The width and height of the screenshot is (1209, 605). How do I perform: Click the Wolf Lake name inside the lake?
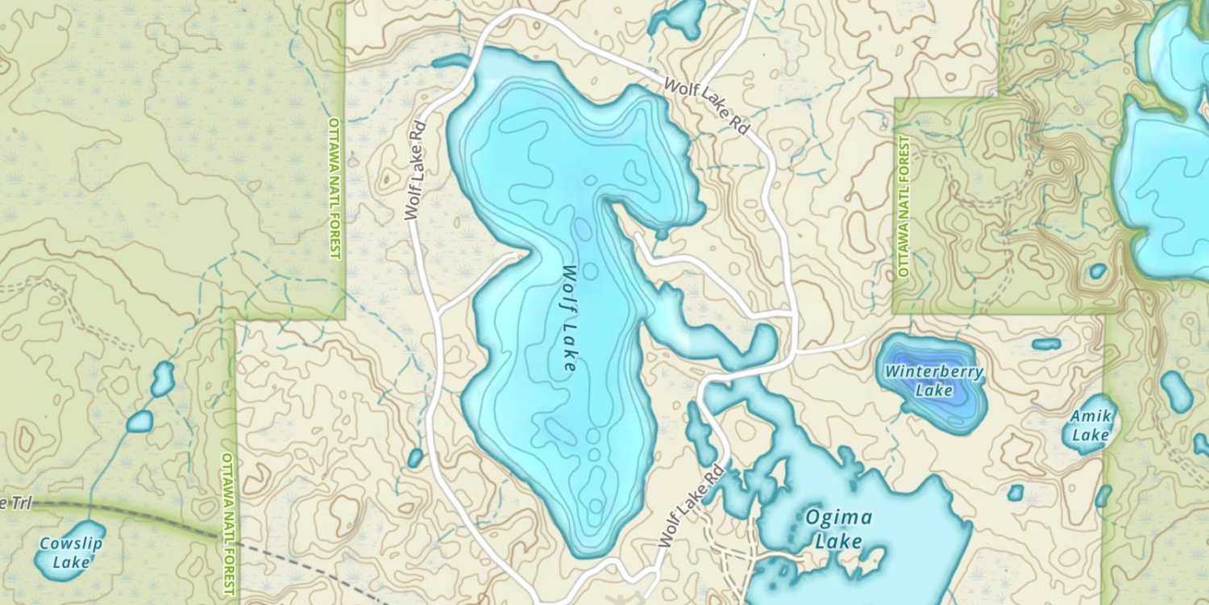[570, 318]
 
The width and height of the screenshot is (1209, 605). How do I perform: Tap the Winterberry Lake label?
[933, 381]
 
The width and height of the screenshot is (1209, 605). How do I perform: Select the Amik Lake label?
[1091, 425]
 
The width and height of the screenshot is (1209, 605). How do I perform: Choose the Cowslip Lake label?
[71, 553]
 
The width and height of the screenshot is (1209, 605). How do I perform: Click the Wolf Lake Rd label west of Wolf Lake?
[414, 171]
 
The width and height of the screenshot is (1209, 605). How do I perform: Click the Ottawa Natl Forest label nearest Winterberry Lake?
[904, 207]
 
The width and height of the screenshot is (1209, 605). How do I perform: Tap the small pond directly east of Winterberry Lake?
[1046, 344]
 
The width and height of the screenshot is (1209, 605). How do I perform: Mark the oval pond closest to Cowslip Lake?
[139, 421]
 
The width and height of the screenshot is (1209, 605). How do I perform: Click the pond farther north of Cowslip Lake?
[163, 378]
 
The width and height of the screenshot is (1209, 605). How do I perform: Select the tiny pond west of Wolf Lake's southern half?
[415, 458]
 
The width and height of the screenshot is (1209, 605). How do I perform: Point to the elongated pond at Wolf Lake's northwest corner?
[451, 61]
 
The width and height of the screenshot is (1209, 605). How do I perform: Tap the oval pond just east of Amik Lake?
[1177, 391]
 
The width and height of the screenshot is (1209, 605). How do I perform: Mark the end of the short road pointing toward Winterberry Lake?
[863, 339]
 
